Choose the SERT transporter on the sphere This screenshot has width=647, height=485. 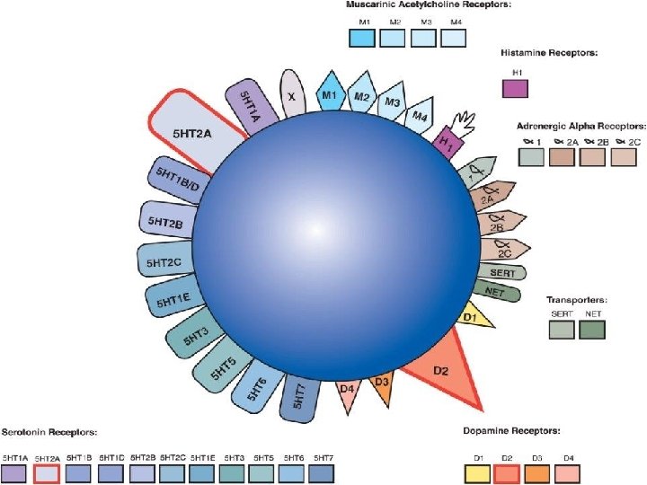[502, 270]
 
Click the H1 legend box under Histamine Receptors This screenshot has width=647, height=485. [515, 87]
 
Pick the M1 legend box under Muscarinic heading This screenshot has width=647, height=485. [361, 38]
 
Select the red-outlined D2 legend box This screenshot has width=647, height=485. [506, 473]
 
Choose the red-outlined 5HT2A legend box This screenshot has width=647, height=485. [47, 473]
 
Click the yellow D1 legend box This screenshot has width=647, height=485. [477, 473]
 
